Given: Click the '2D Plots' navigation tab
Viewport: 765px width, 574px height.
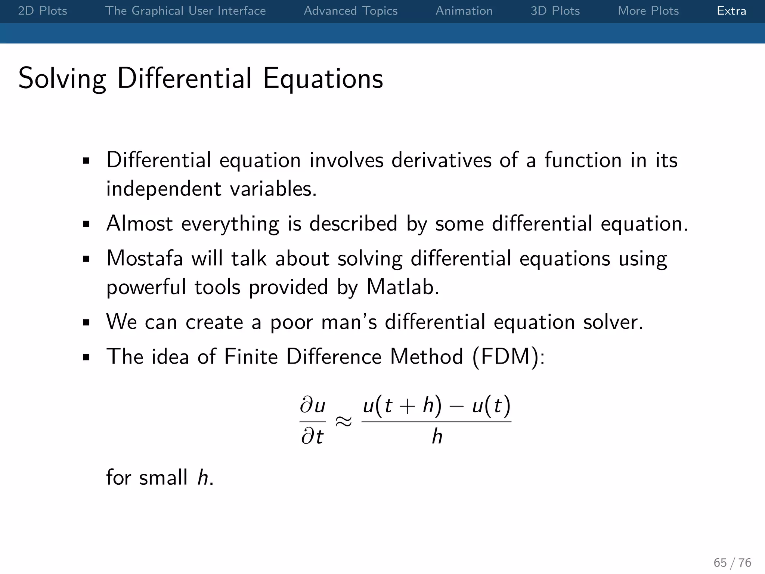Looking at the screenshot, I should [43, 11].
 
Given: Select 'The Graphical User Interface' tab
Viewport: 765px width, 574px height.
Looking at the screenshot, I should [185, 11].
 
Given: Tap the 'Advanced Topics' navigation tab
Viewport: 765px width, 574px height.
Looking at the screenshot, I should [350, 11].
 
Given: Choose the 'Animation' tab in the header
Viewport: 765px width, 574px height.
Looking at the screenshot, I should [464, 11].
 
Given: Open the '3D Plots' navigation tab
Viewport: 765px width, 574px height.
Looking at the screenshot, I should [555, 11].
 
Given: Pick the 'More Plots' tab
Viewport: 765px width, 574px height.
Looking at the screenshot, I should [648, 11].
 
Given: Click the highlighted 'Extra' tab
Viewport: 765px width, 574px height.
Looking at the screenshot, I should [731, 11].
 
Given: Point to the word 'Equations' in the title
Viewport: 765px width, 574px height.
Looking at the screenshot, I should [323, 79].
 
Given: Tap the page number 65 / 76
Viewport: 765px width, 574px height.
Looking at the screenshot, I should [732, 562].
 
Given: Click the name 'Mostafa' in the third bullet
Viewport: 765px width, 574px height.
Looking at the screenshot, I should [145, 258].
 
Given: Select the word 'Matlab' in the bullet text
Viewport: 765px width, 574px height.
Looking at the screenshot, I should [402, 287].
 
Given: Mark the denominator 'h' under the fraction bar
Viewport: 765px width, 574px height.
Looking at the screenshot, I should [437, 436].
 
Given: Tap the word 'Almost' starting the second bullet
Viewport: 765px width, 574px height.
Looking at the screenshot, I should [139, 223].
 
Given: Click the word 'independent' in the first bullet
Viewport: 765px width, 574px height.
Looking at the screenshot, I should [164, 189].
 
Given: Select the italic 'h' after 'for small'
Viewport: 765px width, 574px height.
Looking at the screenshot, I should [203, 478].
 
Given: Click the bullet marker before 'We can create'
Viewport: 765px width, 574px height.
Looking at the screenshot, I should [86, 323].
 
